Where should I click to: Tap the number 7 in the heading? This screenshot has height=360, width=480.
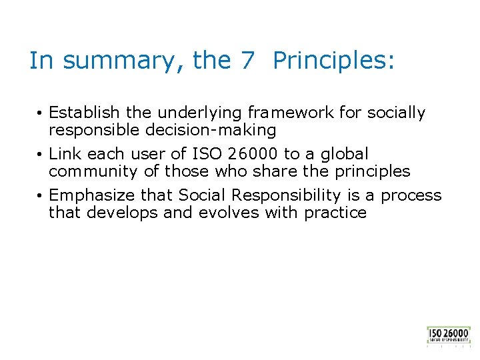(247, 61)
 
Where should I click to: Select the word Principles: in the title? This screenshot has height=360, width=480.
(334, 61)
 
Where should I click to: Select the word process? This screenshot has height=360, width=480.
(414, 195)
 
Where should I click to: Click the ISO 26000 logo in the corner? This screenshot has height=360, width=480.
(449, 335)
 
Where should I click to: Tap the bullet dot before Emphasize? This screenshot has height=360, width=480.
(41, 196)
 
